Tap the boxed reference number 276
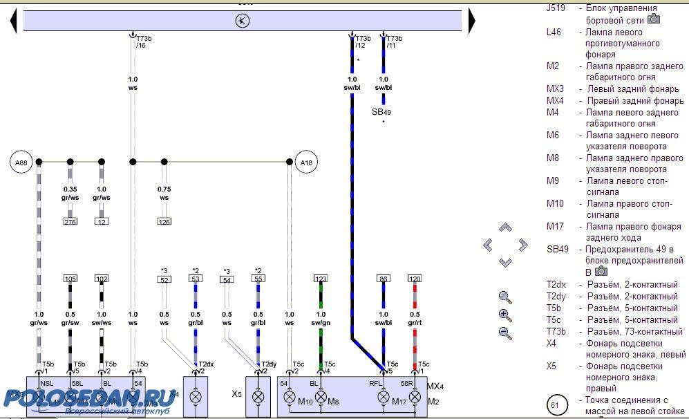[70, 222]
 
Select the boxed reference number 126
[164, 222]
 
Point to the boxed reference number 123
[321, 279]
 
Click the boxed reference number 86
[383, 279]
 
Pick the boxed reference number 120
[415, 279]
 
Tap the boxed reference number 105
[70, 279]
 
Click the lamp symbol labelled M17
[383, 398]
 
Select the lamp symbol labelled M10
[290, 398]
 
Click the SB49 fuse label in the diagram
[381, 112]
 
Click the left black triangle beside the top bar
[13, 21]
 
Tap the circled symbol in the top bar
[243, 21]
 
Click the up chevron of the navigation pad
[505, 227]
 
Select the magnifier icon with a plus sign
[505, 315]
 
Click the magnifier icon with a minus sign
[505, 333]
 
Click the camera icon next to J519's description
[653, 19]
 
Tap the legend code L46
[554, 32]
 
